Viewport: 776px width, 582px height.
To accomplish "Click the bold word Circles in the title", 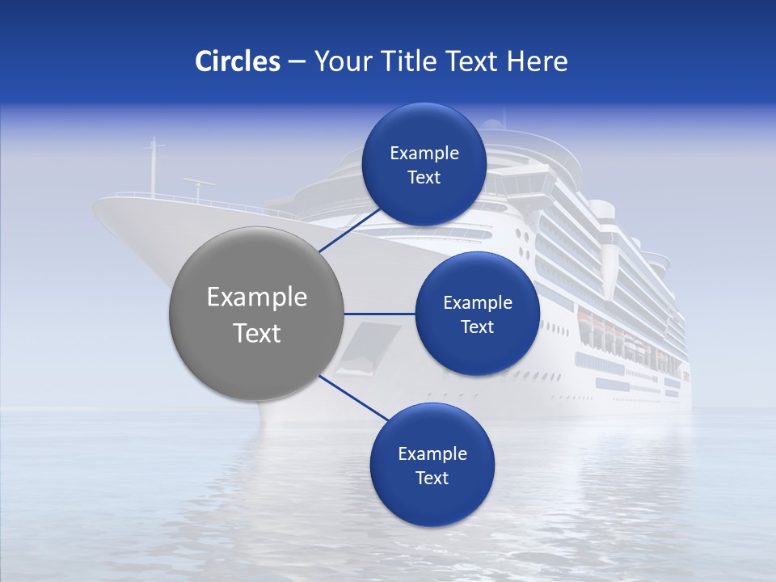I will click(x=237, y=61).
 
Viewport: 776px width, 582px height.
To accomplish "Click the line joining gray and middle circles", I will click(x=380, y=314).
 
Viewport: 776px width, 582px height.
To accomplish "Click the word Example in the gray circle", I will click(x=257, y=297).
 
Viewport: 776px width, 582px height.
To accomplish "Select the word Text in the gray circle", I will click(x=257, y=333).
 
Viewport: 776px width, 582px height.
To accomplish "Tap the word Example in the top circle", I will click(x=424, y=154).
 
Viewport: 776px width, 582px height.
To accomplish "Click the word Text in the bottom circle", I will click(x=432, y=479).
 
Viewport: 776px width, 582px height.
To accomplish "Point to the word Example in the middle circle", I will click(x=478, y=303).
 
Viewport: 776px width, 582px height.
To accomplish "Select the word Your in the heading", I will click(x=339, y=61).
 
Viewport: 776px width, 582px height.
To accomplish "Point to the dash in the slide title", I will click(x=296, y=62).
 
